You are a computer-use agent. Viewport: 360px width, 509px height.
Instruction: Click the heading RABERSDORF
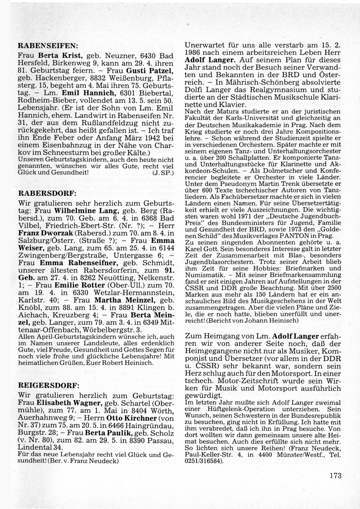point(48,193)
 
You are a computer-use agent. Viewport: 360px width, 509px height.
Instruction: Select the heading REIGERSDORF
point(49,385)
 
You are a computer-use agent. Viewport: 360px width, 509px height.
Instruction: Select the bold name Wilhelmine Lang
point(85,210)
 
